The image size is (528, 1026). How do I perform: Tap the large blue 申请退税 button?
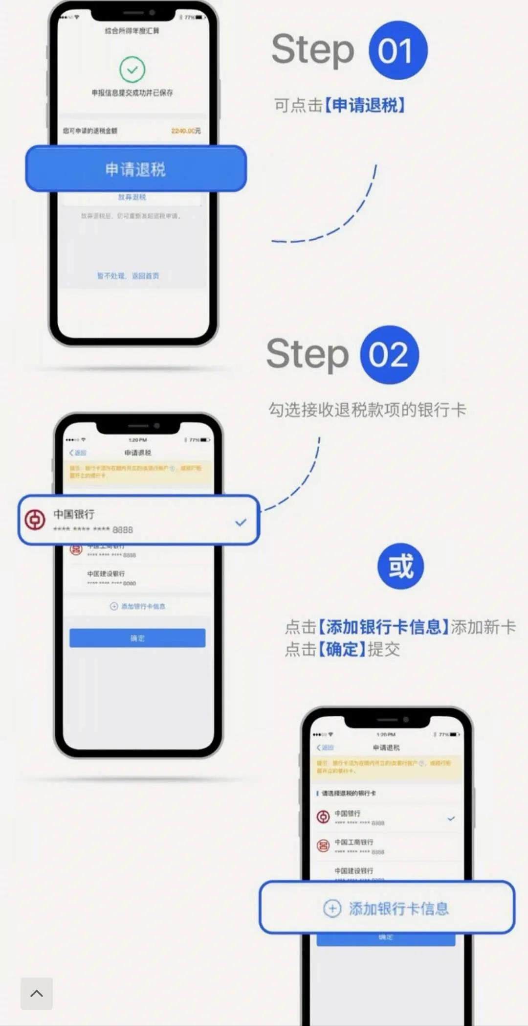point(135,169)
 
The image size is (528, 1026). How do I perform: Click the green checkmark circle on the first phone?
point(132,69)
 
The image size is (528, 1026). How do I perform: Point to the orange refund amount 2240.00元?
point(186,131)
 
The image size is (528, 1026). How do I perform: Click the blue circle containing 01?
point(398,50)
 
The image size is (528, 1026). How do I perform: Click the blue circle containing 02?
point(389,355)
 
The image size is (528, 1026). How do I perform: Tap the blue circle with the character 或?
point(400,566)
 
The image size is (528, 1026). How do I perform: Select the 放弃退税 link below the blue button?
point(132,197)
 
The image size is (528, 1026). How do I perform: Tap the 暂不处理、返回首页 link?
point(128,276)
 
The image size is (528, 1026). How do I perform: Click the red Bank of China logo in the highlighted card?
point(35,520)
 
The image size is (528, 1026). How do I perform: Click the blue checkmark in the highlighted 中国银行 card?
point(241,523)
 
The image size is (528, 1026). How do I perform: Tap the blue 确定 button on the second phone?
point(137,638)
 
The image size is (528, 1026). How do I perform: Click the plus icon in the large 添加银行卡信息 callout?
point(332,909)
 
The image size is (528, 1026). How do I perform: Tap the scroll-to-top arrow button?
point(37,993)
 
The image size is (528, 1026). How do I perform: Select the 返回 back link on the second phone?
point(78,453)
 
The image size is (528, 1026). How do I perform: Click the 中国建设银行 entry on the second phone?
point(106,574)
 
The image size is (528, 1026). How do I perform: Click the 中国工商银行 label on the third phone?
point(354,842)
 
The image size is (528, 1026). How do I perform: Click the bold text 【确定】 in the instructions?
point(342,649)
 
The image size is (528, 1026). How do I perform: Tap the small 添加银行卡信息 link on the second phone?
point(138,606)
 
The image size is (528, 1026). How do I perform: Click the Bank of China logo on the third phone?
point(323,817)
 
